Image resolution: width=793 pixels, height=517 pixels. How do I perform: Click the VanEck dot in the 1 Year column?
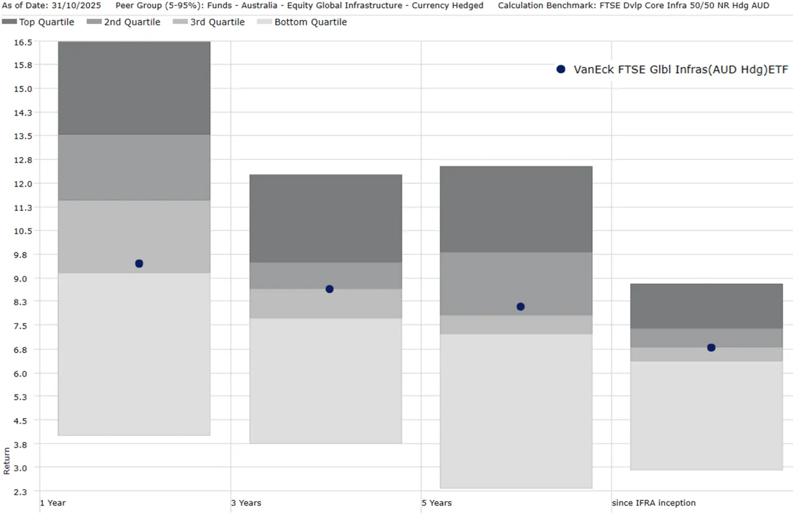click(139, 264)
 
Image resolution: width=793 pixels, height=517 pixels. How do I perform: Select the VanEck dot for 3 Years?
click(329, 289)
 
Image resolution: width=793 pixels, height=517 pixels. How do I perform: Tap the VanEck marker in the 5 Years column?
click(520, 307)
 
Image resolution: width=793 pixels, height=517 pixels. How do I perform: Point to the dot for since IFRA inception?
click(711, 348)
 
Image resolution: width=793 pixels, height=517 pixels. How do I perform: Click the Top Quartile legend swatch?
click(9, 22)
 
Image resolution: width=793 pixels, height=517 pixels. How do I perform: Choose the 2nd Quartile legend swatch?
click(94, 22)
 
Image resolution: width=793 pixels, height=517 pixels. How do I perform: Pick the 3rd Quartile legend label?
click(217, 22)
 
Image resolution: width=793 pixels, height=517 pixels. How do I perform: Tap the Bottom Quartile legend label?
click(311, 22)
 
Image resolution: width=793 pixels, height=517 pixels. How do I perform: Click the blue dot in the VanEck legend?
click(561, 69)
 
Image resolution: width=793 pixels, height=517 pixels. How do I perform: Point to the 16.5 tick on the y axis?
click(23, 42)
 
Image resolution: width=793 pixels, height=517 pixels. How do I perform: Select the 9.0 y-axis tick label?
click(21, 279)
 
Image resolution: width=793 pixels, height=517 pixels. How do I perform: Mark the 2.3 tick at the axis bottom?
click(21, 492)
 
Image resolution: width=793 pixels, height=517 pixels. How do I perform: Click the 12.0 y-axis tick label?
click(23, 184)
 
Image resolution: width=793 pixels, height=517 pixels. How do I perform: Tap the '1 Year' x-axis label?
click(53, 503)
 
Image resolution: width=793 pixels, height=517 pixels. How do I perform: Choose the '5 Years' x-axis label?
click(436, 503)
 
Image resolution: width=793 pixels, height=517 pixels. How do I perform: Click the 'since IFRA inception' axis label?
click(653, 503)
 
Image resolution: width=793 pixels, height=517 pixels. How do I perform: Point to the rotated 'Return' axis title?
click(7, 460)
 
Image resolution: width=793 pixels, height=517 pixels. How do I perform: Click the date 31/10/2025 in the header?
click(76, 6)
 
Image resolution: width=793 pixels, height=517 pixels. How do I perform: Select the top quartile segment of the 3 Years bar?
click(326, 218)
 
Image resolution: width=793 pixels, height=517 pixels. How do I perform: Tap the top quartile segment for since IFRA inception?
click(706, 306)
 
